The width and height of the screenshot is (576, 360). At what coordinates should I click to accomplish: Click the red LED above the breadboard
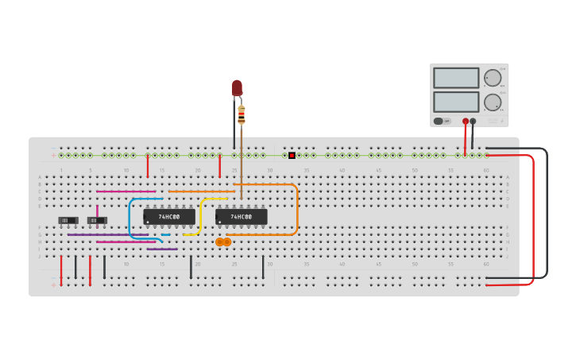[237, 87]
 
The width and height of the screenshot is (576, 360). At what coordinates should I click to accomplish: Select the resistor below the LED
[242, 115]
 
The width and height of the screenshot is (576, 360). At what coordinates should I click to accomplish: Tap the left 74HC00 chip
[169, 216]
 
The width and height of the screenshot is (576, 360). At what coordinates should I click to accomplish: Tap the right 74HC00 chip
[242, 216]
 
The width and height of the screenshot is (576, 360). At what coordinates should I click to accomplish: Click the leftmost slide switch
[68, 220]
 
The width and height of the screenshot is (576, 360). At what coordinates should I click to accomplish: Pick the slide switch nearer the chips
[97, 220]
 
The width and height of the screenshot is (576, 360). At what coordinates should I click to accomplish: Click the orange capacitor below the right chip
[223, 242]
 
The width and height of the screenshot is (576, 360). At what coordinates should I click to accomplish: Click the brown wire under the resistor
[242, 159]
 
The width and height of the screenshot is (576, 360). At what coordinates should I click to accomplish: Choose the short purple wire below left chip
[162, 250]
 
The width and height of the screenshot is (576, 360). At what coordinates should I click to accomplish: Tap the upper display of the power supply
[456, 78]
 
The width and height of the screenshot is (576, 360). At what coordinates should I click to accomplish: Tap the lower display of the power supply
[456, 102]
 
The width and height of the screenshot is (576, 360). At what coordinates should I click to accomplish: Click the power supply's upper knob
[493, 78]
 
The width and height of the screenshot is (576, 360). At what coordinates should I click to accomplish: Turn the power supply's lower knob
[493, 102]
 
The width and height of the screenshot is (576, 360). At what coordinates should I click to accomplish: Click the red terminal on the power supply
[466, 122]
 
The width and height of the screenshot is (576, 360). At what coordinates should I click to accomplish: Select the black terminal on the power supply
[474, 122]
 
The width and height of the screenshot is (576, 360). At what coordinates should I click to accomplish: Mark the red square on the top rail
[292, 155]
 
